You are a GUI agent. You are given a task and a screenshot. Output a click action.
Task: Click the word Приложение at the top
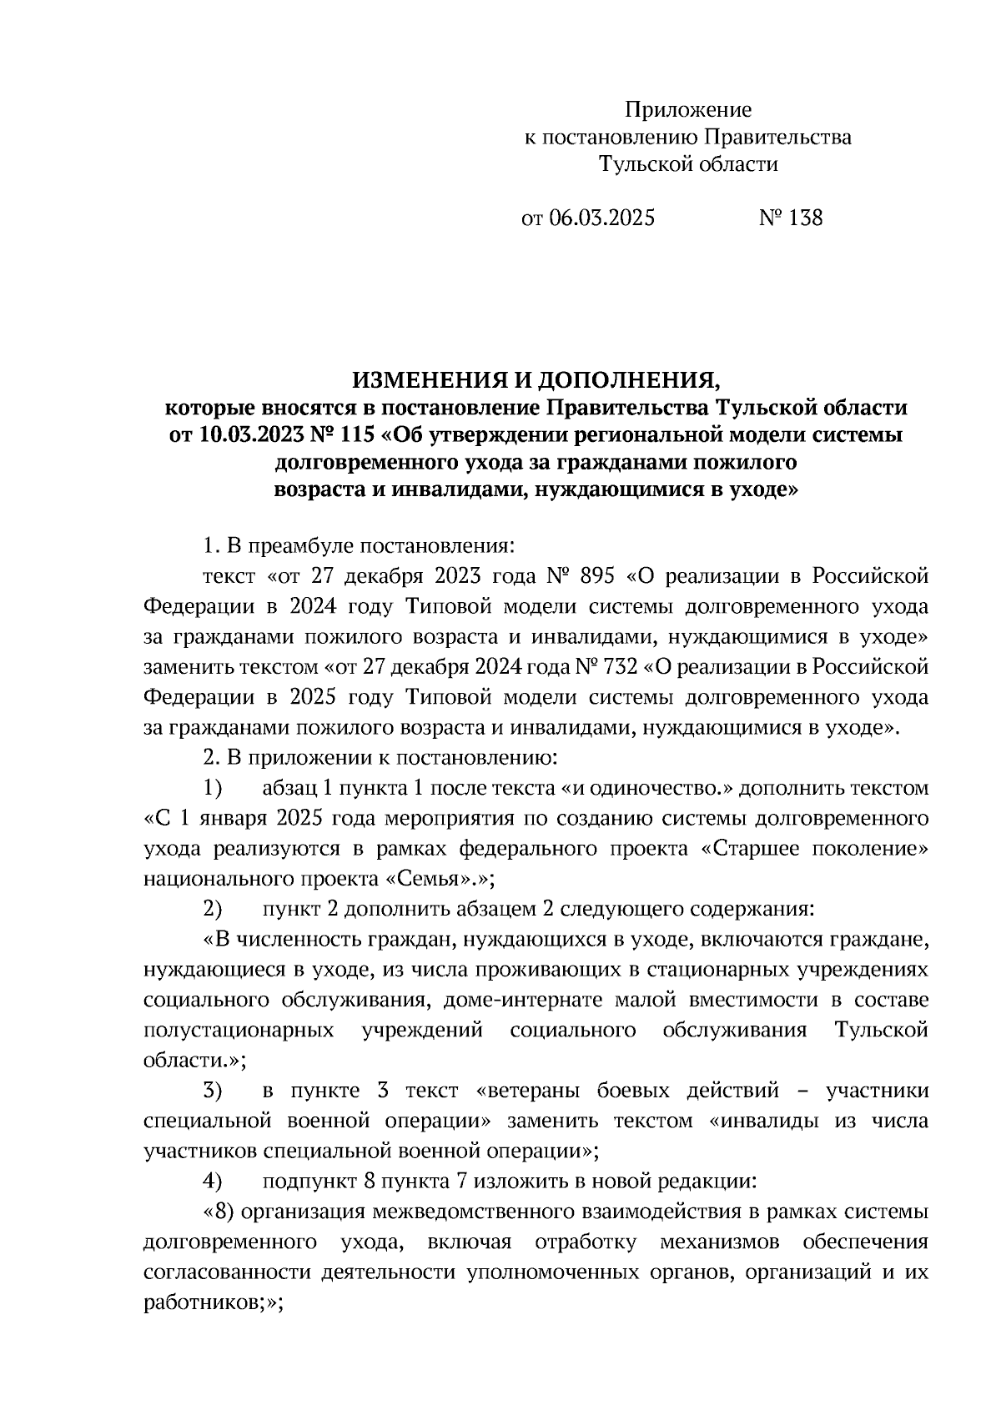point(688,110)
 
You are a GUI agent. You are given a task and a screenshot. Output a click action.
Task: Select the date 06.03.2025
point(601,218)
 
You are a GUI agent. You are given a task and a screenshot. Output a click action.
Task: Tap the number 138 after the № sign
point(804,218)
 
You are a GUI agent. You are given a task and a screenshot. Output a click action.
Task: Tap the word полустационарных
point(239,1030)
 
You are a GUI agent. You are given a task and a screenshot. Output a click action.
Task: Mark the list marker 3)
point(214,1091)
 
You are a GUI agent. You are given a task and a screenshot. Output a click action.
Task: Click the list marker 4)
point(214,1181)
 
